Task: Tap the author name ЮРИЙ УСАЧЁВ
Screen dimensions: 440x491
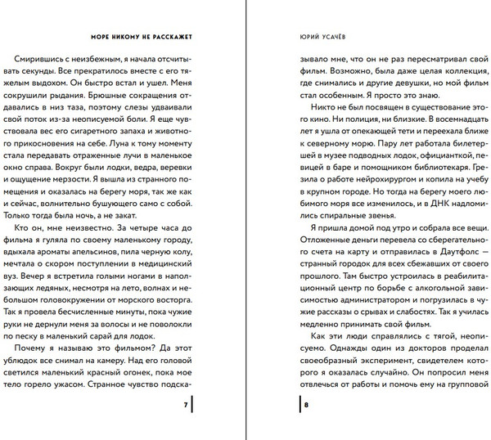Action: click(317, 36)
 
